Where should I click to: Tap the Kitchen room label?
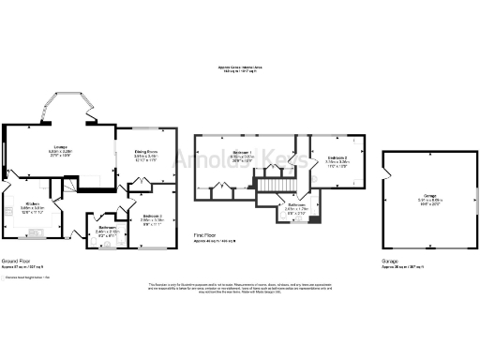[x=31, y=203]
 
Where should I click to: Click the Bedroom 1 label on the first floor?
[x=241, y=152]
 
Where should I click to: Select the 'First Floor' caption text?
[x=206, y=235]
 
